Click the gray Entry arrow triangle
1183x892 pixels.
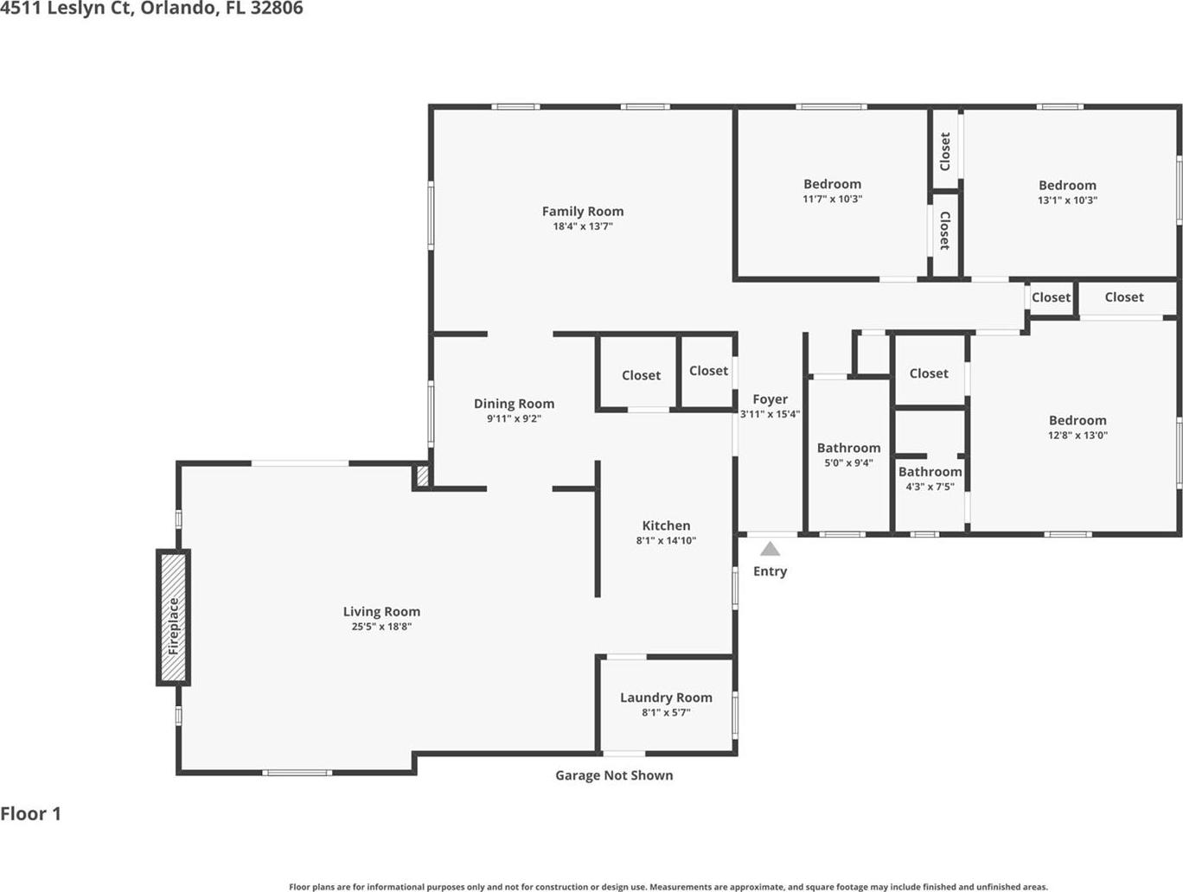pos(771,549)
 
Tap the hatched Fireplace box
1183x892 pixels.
pos(173,617)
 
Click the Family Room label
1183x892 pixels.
pos(583,212)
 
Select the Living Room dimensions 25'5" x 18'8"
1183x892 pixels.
pos(381,627)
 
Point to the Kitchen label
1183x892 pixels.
pos(666,526)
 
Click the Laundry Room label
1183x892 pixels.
pos(666,698)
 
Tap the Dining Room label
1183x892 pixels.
pos(515,404)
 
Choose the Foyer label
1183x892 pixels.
pos(771,399)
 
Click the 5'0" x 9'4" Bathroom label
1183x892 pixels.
pos(849,448)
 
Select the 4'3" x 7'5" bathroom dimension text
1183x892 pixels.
pos(930,487)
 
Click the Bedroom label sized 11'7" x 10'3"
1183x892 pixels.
pos(833,184)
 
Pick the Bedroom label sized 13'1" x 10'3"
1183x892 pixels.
pos(1068,185)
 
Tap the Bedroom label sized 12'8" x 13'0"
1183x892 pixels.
pos(1077,421)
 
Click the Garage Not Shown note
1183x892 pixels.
pos(614,775)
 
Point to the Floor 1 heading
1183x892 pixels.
pos(31,814)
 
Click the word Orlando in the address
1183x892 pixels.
pos(180,9)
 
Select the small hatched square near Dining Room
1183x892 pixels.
pos(423,477)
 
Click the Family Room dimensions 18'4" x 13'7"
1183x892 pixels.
pos(583,226)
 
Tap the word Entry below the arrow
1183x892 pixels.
pos(771,571)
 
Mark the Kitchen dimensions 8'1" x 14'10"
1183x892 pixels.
pos(666,540)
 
